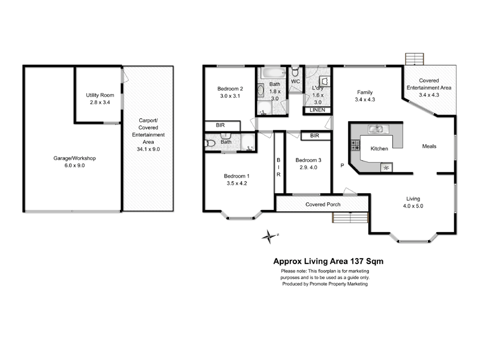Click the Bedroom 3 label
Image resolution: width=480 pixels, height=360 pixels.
point(307,160)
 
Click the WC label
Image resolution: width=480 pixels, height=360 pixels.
point(295,81)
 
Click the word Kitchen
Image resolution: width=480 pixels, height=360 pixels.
point(379,148)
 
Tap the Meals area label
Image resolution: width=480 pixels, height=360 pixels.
point(429,146)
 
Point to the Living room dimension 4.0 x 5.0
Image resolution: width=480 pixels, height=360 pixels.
point(413,206)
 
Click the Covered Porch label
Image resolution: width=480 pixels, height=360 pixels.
point(323,204)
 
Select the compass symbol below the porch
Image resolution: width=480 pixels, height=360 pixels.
point(269,236)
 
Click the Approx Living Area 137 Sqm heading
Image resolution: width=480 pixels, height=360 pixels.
point(328,261)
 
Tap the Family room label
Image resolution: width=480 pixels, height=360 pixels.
point(365,92)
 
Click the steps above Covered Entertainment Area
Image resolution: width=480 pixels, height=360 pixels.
point(414,59)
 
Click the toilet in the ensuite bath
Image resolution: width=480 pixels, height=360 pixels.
point(209,143)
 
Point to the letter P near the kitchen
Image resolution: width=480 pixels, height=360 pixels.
point(343,166)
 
